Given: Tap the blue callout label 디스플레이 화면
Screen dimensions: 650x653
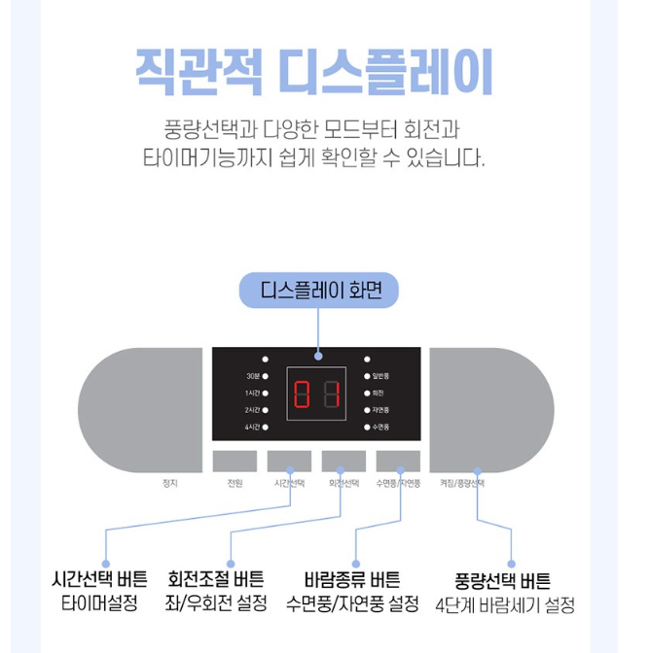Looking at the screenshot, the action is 319,291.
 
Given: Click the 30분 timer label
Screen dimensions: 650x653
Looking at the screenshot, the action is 252,376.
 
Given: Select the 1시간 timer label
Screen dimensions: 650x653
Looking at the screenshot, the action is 252,393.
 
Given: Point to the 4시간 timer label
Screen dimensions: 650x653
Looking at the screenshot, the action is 252,427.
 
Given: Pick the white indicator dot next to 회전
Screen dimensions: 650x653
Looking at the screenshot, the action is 367,393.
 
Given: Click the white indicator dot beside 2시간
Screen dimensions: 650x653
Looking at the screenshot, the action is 266,410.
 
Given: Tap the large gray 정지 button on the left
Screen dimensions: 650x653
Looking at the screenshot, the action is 139,409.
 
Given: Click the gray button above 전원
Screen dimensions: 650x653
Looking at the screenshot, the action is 235,461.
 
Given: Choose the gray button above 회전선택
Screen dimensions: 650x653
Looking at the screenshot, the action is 343,461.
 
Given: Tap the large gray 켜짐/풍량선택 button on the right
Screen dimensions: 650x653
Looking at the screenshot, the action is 491,409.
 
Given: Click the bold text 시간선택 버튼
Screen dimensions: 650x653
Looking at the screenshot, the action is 99,580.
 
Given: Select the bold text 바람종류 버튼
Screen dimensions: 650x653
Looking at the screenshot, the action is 352,580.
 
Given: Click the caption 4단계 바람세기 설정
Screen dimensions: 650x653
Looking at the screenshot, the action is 505,605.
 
